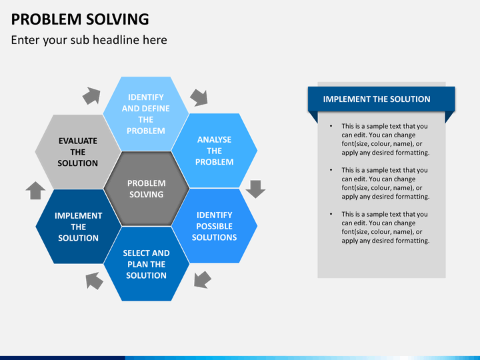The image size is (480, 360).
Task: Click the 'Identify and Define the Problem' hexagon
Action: [145, 114]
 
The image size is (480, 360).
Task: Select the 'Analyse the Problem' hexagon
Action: [215, 151]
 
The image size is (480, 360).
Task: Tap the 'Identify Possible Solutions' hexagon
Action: [215, 226]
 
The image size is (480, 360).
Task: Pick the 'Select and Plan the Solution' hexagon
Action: [146, 264]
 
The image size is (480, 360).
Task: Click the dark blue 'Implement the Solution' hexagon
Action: [78, 227]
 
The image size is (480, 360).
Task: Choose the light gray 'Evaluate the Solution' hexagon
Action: [77, 152]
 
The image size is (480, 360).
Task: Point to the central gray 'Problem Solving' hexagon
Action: [146, 189]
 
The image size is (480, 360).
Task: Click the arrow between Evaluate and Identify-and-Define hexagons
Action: [91, 96]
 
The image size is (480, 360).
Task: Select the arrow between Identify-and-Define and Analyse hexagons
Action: [199, 97]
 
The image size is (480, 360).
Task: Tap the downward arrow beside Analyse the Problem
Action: [255, 189]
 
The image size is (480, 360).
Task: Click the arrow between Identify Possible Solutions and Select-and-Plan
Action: [202, 279]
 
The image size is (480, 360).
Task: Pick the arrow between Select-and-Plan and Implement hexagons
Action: [94, 281]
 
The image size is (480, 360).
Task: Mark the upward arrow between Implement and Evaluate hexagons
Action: [35, 191]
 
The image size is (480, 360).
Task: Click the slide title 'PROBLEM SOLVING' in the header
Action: [80, 18]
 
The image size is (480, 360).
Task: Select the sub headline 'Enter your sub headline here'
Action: [89, 40]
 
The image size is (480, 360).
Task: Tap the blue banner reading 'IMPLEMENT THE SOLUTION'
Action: [377, 99]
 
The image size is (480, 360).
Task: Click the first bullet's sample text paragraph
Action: [385, 139]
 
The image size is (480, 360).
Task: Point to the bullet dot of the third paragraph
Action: [332, 214]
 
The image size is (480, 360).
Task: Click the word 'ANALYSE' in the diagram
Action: [215, 139]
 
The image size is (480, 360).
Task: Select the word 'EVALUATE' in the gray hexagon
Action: [77, 141]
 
